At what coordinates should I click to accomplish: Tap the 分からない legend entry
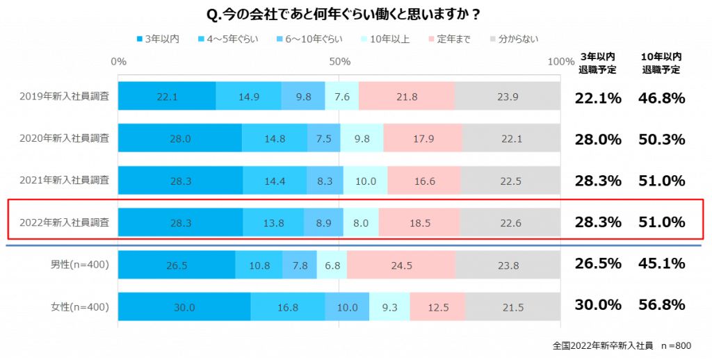514,39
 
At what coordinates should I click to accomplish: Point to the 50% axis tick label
339,62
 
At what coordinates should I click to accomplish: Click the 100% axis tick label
560,62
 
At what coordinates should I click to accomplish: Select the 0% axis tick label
119,62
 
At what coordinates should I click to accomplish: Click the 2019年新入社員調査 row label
64,97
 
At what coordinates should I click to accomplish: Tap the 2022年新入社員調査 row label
64,223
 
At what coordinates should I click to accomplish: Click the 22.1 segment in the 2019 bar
167,97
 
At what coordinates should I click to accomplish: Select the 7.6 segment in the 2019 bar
341,97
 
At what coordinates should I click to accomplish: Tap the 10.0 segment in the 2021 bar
365,181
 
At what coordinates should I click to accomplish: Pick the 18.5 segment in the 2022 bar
419,223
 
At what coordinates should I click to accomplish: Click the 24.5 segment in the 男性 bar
401,265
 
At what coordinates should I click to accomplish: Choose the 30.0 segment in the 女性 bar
184,307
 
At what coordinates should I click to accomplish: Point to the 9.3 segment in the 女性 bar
389,307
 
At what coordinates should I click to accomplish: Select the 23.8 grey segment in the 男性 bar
508,265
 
